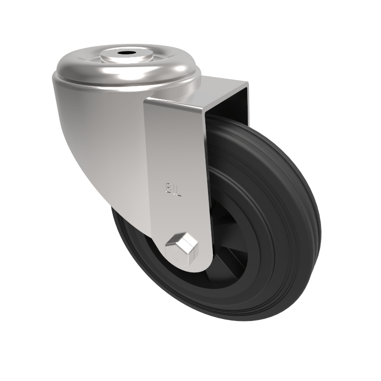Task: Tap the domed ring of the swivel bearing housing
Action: (86, 71)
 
